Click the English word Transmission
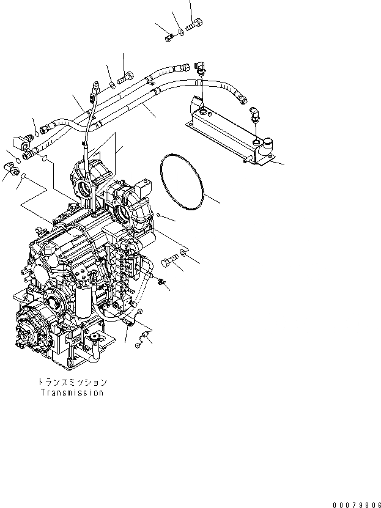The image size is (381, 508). pos(72,392)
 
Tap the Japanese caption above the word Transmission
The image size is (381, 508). pos(72,382)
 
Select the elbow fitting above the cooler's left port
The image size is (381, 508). pos(200,69)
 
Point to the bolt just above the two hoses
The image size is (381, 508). pos(125,78)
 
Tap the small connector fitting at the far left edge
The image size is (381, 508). pos(12,166)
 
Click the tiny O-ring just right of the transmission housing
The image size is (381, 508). pos(158,215)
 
